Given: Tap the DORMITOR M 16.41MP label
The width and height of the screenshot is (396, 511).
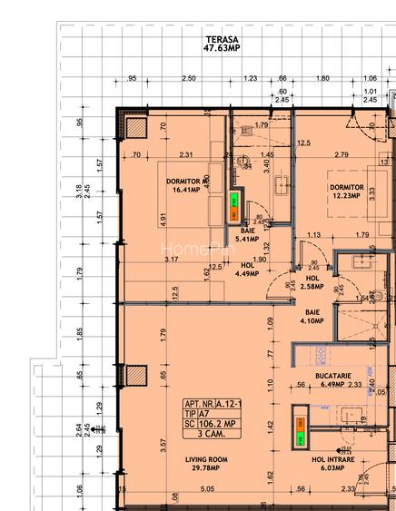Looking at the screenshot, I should tap(188, 186).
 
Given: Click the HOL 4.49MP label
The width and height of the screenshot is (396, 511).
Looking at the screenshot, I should tap(247, 270).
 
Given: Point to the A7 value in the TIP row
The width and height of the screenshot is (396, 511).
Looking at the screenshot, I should tap(216, 412).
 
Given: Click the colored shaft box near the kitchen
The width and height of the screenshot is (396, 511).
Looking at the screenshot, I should tap(299, 430).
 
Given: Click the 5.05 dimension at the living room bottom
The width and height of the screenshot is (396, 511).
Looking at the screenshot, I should tap(207, 488).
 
